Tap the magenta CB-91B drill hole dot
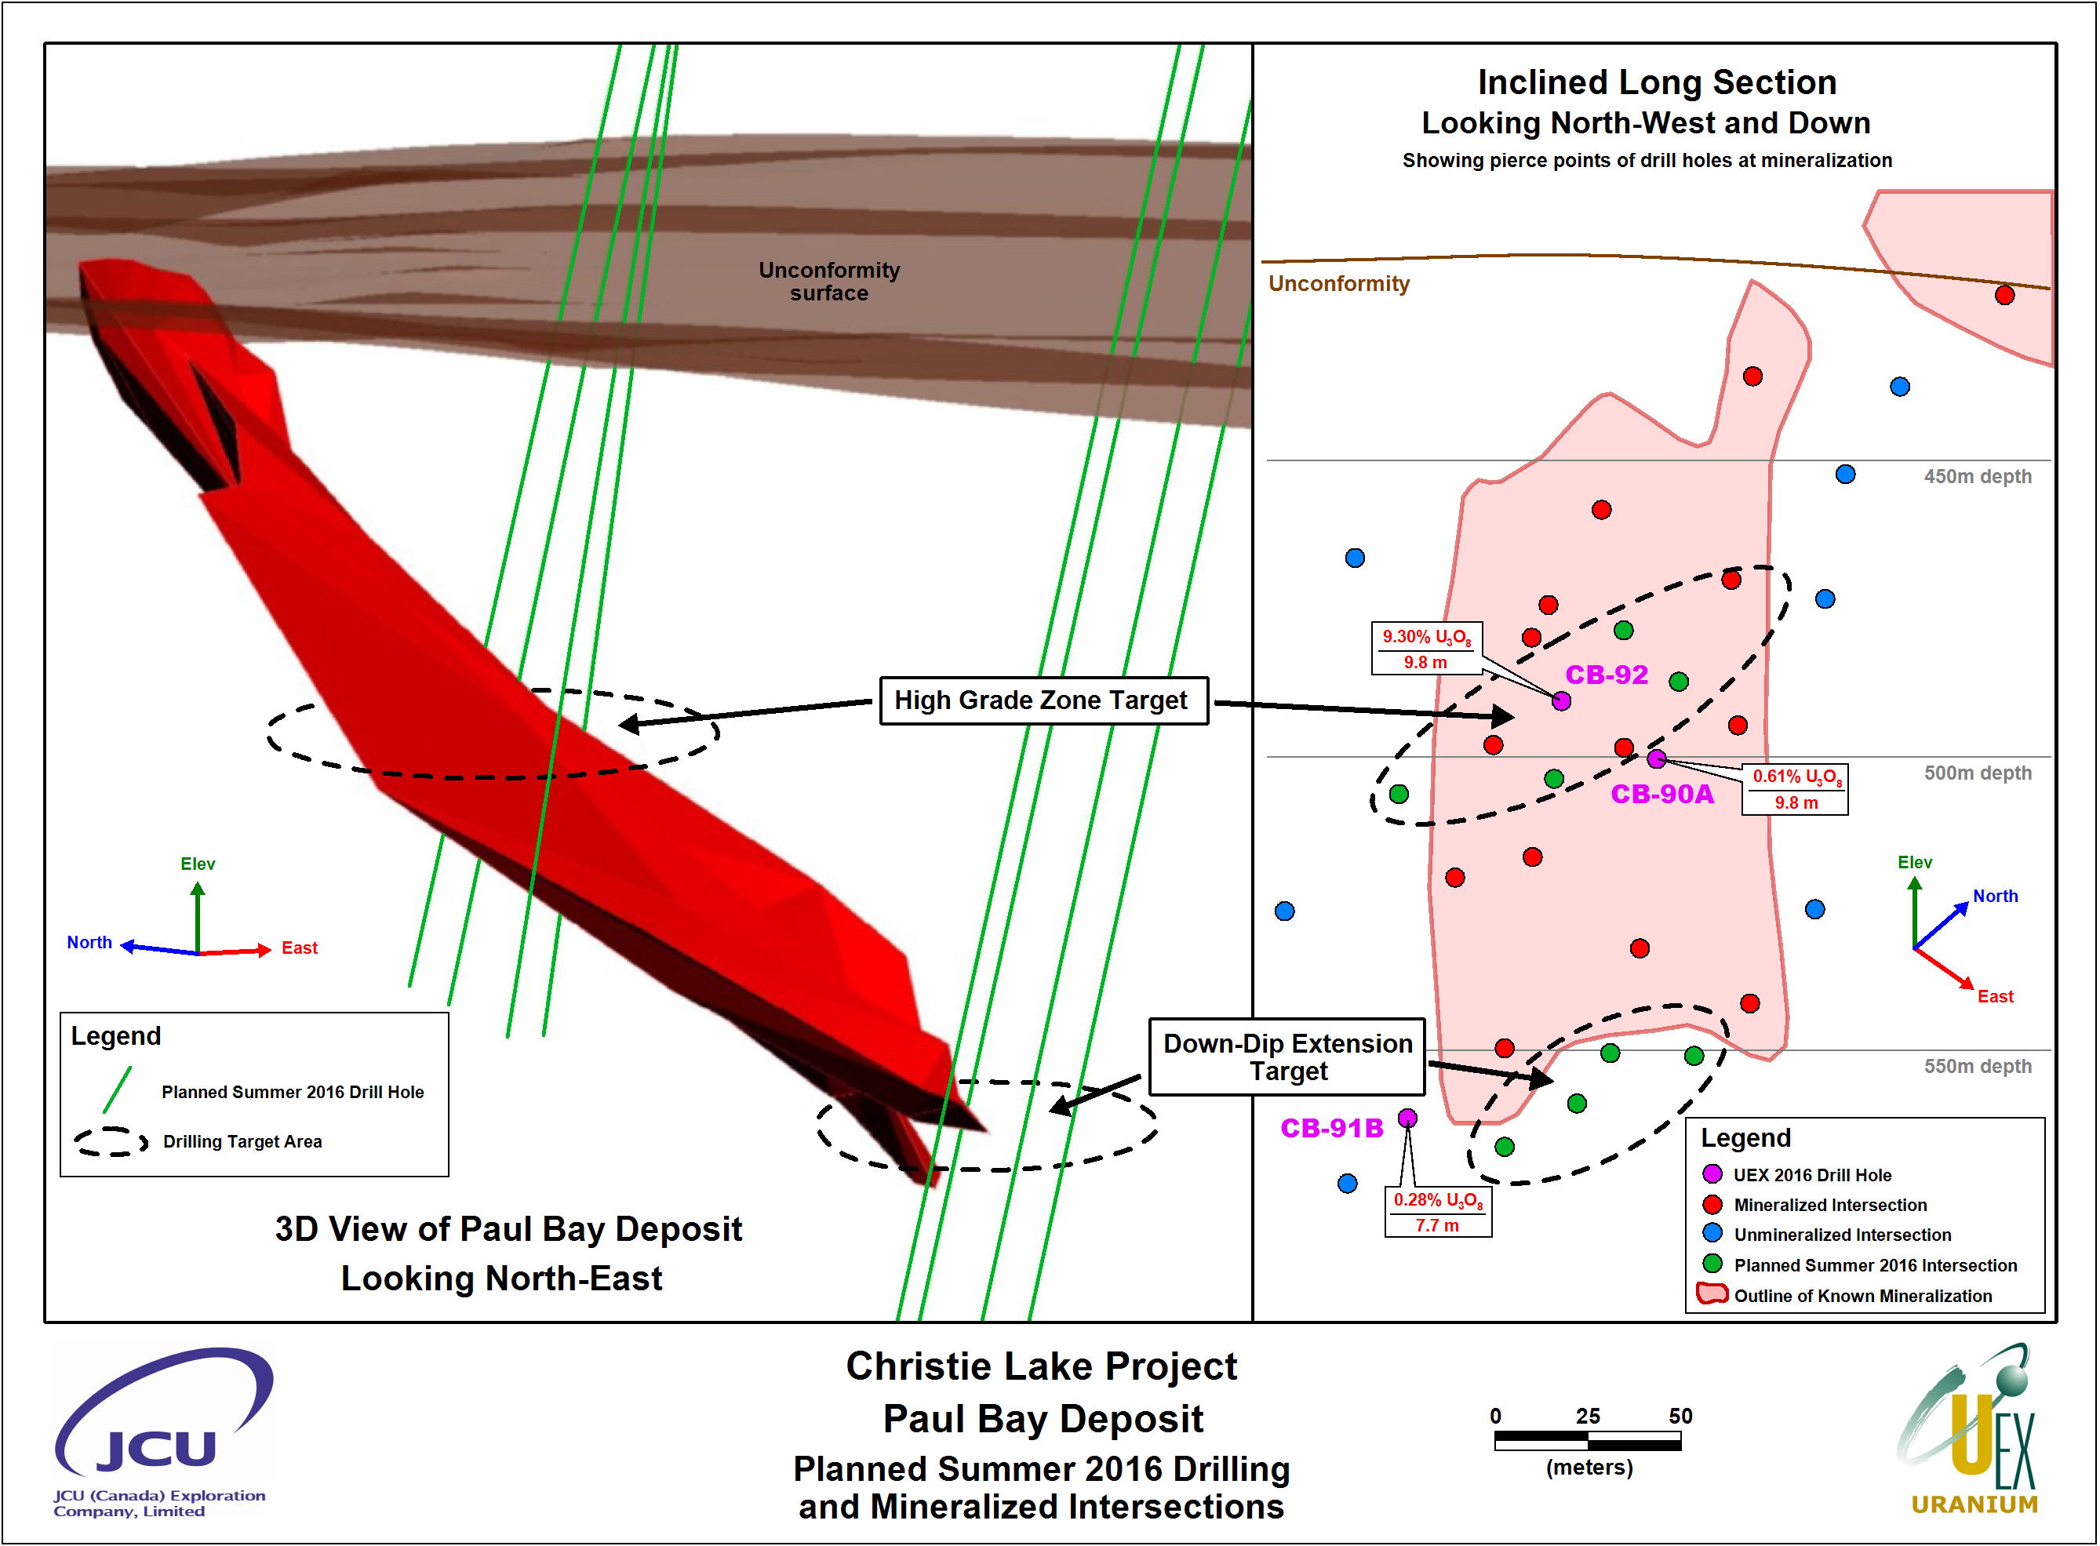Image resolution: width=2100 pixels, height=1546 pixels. coord(1407,1119)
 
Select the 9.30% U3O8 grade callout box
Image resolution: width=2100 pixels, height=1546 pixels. coord(1426,649)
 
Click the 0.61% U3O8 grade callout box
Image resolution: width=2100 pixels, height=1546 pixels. coord(1796,789)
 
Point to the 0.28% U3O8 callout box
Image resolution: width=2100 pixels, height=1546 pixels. coord(1439,1212)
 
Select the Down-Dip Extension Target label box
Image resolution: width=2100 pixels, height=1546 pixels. coord(1288,1057)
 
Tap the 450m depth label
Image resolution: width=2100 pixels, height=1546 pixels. coord(1978,476)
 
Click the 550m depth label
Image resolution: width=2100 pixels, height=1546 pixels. coord(1978,1066)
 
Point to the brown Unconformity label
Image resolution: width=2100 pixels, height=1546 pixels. coord(1339,284)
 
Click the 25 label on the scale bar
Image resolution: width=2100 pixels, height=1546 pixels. coord(1588,1416)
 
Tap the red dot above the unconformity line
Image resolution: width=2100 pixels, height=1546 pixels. coord(2004,296)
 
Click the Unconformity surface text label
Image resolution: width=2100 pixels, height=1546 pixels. coord(829,282)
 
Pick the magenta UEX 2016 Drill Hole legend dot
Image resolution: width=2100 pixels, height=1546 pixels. coord(1712,1174)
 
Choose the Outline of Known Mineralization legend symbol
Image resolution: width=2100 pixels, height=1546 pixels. coord(1712,1294)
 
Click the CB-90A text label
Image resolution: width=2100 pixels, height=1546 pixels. coord(1662,795)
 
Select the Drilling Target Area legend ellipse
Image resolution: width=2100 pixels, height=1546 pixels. coord(111,1140)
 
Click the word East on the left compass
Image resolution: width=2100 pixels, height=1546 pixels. coord(300,948)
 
